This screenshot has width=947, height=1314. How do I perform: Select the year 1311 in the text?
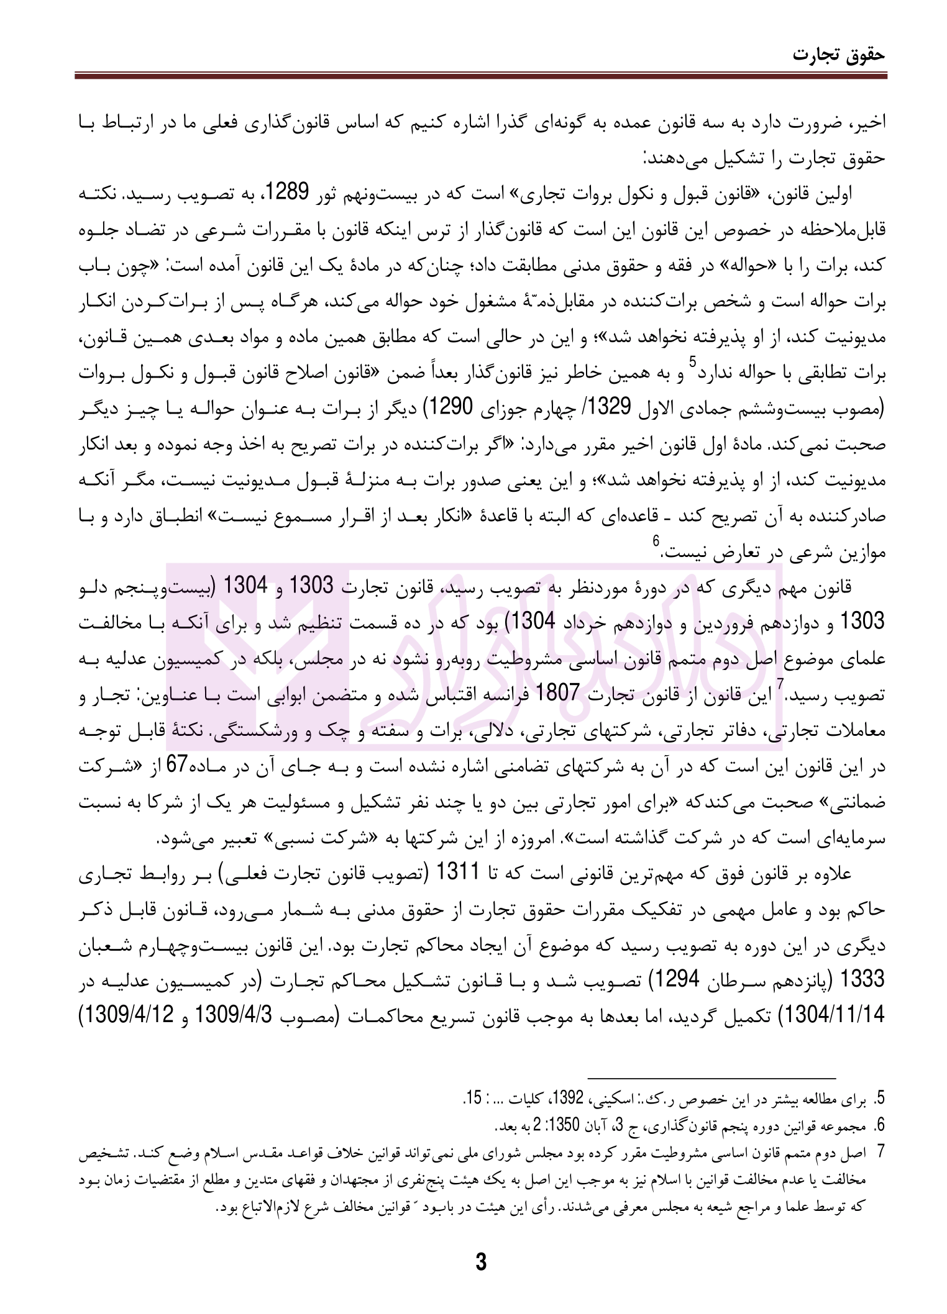pyautogui.click(x=459, y=873)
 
